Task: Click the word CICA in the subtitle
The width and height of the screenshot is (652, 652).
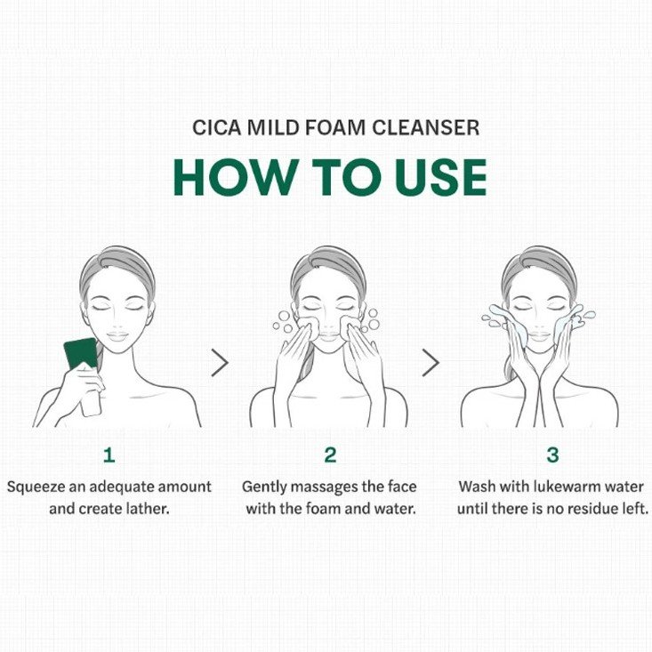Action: [x=216, y=127]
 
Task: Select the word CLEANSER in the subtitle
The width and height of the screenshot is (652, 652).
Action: [x=426, y=127]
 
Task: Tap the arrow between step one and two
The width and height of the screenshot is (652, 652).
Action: [x=220, y=363]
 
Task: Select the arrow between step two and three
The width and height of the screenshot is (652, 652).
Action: [x=431, y=363]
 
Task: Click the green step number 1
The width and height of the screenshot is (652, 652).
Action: [x=109, y=455]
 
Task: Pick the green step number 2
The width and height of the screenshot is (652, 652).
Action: [x=331, y=455]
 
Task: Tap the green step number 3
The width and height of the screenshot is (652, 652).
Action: [x=552, y=455]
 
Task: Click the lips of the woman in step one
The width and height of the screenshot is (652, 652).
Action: [x=117, y=335]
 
